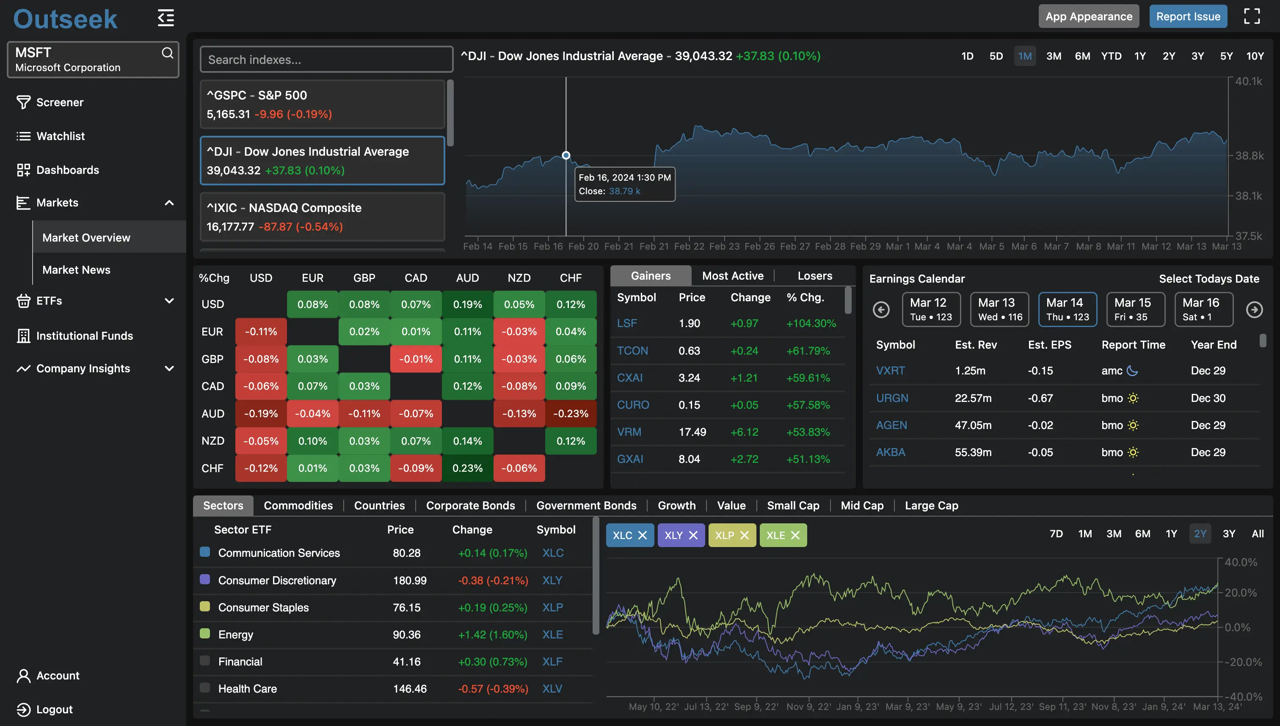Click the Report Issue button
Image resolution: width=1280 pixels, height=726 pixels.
pyautogui.click(x=1188, y=16)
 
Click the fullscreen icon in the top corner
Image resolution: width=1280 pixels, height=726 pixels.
pyautogui.click(x=1252, y=16)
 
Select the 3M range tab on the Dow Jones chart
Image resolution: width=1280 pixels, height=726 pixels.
pyautogui.click(x=1054, y=56)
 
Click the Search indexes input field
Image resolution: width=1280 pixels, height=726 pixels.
pyautogui.click(x=326, y=60)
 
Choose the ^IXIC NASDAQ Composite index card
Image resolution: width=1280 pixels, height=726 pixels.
pyautogui.click(x=322, y=217)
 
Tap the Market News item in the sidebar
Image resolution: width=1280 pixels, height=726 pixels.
pyautogui.click(x=76, y=270)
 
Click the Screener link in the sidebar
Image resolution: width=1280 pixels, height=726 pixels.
pyautogui.click(x=60, y=102)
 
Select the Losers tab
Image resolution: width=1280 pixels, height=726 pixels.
pyautogui.click(x=814, y=276)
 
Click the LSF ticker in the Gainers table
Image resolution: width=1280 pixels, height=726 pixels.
pyautogui.click(x=626, y=323)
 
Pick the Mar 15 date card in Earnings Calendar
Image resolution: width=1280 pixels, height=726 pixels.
pyautogui.click(x=1135, y=309)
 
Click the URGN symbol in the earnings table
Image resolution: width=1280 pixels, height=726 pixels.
pyautogui.click(x=892, y=398)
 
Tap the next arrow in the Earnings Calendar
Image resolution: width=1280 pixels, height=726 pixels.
pyautogui.click(x=1254, y=310)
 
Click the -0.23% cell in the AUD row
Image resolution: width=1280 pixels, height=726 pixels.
pyautogui.click(x=571, y=413)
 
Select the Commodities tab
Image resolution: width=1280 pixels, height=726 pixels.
pyautogui.click(x=298, y=505)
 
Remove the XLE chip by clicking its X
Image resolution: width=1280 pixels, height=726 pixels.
pyautogui.click(x=796, y=535)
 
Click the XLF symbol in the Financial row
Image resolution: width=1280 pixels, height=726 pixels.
pyautogui.click(x=552, y=662)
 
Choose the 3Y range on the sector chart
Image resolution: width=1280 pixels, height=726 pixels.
pyautogui.click(x=1229, y=533)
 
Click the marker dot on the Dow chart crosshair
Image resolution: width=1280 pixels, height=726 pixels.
pyautogui.click(x=566, y=155)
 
